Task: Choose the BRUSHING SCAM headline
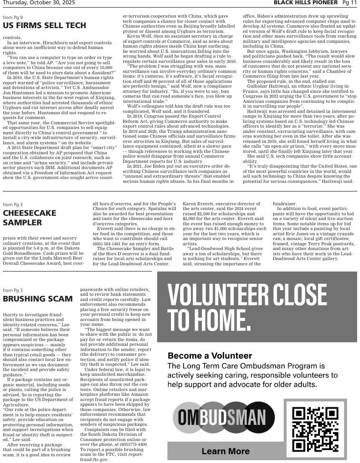38,299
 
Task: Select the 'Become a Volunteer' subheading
210,356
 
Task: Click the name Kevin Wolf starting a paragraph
139,36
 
